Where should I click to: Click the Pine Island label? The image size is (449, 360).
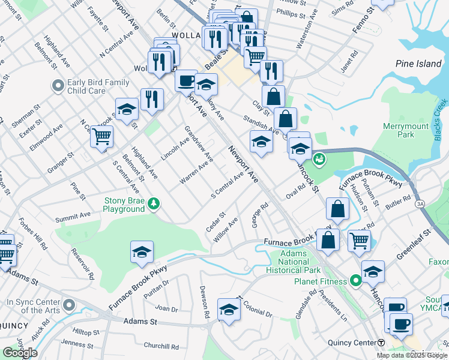pos(418,64)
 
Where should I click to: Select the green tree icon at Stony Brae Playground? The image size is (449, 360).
pos(155,204)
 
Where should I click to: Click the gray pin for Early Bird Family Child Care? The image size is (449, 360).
pos(58,86)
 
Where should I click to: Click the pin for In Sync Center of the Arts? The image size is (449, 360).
pos(70,306)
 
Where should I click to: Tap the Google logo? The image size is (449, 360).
pos(20,352)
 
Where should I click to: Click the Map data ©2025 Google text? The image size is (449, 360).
pos(412,355)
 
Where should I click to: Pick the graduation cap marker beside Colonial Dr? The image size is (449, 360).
pos(228,310)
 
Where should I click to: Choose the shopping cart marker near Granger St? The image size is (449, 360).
pos(101,136)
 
